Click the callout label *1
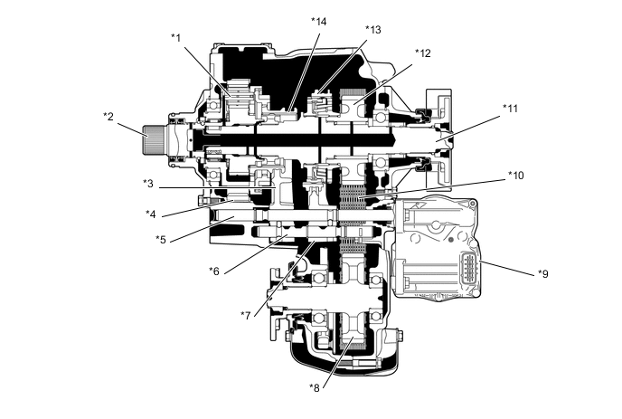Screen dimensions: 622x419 175,38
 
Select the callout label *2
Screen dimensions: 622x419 108,117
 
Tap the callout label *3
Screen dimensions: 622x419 148,184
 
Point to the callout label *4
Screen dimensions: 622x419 151,214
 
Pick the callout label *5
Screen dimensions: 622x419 161,240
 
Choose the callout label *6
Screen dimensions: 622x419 214,271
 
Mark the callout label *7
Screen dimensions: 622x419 246,315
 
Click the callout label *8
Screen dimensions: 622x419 315,387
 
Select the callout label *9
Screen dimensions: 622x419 543,273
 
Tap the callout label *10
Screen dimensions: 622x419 515,176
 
